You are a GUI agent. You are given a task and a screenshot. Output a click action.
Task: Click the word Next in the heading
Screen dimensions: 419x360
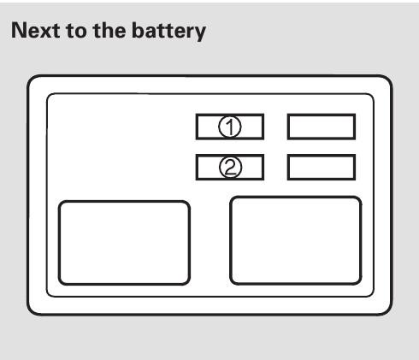pyautogui.click(x=36, y=30)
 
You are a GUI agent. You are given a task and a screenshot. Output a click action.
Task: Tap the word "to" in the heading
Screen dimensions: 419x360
pyautogui.click(x=76, y=31)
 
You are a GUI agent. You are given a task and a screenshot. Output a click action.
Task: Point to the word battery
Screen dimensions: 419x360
pyautogui.click(x=168, y=32)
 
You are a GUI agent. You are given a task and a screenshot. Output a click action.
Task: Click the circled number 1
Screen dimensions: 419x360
pyautogui.click(x=230, y=127)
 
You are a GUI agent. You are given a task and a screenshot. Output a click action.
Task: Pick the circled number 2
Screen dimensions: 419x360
pyautogui.click(x=230, y=168)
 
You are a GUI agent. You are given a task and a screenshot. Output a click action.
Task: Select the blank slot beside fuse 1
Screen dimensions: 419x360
pyautogui.click(x=322, y=127)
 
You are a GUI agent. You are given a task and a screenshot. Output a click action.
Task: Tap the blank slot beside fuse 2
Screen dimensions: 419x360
pyautogui.click(x=322, y=168)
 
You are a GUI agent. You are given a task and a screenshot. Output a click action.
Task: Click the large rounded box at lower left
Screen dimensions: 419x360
pyautogui.click(x=124, y=243)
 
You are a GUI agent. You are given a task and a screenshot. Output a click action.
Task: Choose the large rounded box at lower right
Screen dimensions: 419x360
pyautogui.click(x=296, y=240)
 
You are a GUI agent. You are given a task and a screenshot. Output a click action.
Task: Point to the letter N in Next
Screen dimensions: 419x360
pyautogui.click(x=19, y=30)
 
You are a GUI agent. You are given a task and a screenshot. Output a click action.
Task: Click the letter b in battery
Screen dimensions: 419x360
pyautogui.click(x=139, y=30)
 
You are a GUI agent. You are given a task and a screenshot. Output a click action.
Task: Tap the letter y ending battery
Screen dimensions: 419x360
pyautogui.click(x=199, y=34)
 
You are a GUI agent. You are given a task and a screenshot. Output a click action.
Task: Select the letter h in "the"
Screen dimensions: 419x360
pyautogui.click(x=107, y=30)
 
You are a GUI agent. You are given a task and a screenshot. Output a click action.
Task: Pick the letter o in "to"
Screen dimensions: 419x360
pyautogui.click(x=80, y=32)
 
